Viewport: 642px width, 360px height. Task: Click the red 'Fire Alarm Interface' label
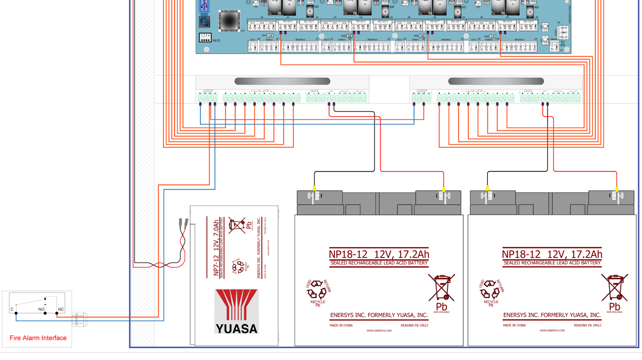tap(38, 338)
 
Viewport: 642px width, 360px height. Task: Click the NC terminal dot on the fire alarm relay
tap(57, 313)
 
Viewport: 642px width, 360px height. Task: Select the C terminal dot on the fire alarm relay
tap(16, 313)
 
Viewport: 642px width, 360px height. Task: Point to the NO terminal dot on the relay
tap(45, 313)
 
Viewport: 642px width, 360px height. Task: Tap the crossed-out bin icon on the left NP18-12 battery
tap(441, 288)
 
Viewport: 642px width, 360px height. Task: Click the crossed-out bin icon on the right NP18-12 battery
tap(614, 288)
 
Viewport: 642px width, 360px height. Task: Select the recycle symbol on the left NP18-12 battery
tap(318, 290)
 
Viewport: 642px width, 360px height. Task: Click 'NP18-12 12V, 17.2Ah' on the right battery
tap(552, 254)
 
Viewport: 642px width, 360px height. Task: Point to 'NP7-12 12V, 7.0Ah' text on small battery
tap(216, 248)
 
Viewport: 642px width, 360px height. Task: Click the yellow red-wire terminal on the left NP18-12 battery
tap(443, 189)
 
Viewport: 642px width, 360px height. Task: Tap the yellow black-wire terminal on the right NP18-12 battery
tap(487, 188)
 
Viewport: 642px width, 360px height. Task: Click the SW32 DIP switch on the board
tap(205, 37)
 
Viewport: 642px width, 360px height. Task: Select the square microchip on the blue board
tap(229, 21)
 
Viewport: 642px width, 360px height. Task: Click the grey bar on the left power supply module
tap(282, 81)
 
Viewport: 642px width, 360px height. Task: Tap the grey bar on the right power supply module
tap(496, 81)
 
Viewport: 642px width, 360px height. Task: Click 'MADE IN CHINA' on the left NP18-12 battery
tap(341, 325)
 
